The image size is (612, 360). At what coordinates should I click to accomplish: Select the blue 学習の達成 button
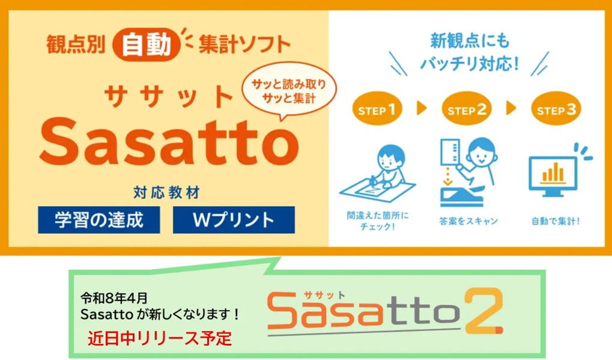[99, 220]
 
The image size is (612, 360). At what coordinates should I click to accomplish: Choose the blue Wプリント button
[234, 220]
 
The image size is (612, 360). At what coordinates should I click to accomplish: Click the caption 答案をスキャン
[468, 221]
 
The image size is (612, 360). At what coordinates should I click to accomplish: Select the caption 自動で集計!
[556, 221]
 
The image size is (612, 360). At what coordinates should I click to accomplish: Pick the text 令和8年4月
[114, 298]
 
